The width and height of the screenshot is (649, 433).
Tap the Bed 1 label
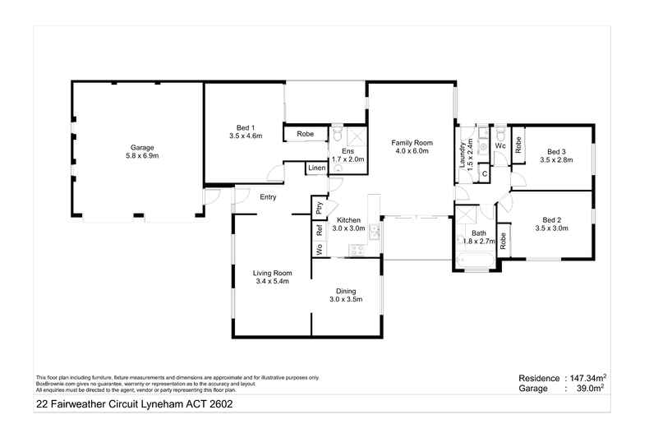click(x=244, y=127)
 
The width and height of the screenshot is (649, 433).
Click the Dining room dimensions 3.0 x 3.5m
click(x=345, y=299)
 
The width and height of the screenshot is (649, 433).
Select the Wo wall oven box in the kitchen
click(x=319, y=249)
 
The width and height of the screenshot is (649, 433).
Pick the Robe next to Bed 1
click(x=305, y=133)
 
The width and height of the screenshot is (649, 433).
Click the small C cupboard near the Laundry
click(x=485, y=173)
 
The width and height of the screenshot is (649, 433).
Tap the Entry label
click(x=268, y=197)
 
